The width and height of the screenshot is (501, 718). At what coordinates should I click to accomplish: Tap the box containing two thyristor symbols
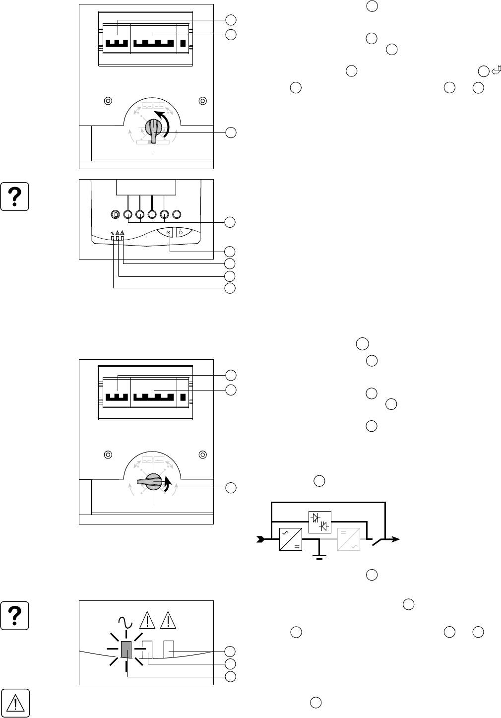[x=320, y=522]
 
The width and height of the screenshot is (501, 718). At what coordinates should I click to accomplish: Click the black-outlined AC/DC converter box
[x=290, y=539]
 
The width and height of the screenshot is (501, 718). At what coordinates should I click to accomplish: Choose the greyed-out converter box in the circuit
[x=349, y=539]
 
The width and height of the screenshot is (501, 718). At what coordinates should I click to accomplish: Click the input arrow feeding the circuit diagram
[x=260, y=539]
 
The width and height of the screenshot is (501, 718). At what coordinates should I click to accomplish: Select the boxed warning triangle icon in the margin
[x=15, y=702]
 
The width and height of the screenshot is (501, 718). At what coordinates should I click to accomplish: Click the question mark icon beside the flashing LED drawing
[x=15, y=615]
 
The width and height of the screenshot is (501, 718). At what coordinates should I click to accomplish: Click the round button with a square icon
[x=115, y=215]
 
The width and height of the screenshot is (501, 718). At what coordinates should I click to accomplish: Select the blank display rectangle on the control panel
[x=146, y=188]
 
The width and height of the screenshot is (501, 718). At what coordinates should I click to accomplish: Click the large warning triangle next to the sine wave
[x=147, y=620]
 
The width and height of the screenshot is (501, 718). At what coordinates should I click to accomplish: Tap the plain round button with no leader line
[x=178, y=215]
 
